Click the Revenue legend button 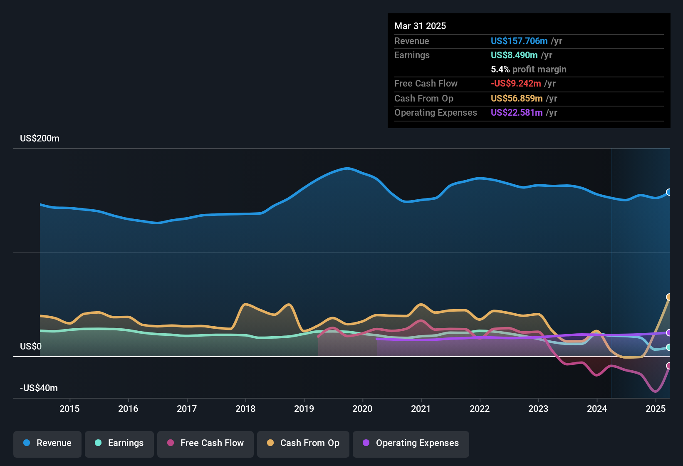(47, 443)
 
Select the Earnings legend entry (119, 443)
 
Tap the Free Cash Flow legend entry (205, 443)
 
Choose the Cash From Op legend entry (303, 443)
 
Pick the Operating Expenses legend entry (411, 443)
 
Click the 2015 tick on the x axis (69, 409)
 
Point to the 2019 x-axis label (304, 409)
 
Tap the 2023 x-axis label (538, 409)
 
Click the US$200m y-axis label (40, 139)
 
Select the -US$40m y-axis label (39, 388)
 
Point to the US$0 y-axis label (31, 347)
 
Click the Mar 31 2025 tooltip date (420, 26)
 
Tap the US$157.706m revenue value (519, 41)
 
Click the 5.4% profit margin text (528, 69)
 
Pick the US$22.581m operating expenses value (517, 113)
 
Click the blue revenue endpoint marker (669, 192)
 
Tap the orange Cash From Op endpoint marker (669, 297)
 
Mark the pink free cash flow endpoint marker (669, 366)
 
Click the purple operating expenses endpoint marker (669, 333)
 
